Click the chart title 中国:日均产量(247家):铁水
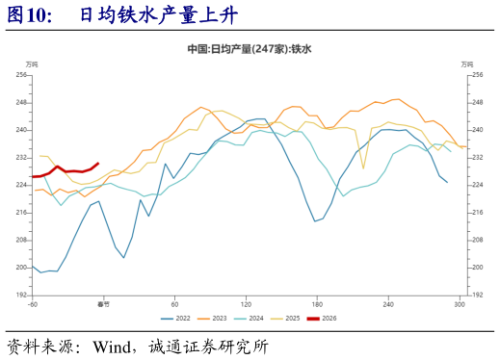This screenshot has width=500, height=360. [x=250, y=47]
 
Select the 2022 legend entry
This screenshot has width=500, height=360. [x=175, y=318]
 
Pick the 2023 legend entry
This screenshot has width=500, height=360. [x=214, y=318]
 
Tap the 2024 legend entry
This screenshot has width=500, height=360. [x=252, y=318]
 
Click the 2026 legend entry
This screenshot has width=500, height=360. [x=328, y=318]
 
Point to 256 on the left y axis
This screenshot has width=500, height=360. [x=21, y=74]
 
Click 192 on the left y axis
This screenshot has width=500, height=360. [x=21, y=295]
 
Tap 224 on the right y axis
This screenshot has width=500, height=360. [x=475, y=185]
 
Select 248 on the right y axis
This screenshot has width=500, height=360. [x=475, y=102]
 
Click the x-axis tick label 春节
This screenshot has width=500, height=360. [x=104, y=304]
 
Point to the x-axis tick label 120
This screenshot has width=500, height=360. [x=246, y=304]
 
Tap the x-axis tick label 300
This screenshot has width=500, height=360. [x=460, y=304]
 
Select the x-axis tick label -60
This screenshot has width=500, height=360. [x=33, y=304]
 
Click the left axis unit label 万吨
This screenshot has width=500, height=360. [x=33, y=64]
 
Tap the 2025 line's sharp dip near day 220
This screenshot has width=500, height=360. [x=363, y=167]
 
